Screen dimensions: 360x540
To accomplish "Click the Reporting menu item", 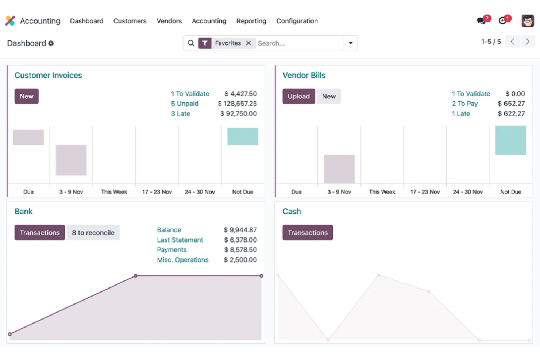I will click(251, 21).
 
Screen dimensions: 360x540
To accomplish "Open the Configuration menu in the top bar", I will click(297, 21).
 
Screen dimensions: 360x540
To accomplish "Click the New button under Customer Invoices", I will click(26, 96).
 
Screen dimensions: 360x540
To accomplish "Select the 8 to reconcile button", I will click(93, 233).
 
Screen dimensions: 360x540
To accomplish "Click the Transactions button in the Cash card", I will click(307, 233).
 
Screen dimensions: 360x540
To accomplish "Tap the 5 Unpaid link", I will click(185, 104).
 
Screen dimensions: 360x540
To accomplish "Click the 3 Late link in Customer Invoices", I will click(181, 113).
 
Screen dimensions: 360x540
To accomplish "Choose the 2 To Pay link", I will click(464, 104).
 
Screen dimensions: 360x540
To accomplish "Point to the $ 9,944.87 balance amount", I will click(240, 230).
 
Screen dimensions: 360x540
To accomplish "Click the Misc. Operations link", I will click(182, 260).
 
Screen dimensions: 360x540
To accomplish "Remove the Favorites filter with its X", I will click(248, 43).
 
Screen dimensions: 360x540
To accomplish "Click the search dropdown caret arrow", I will click(350, 43).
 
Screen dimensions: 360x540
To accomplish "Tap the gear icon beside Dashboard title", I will click(51, 43).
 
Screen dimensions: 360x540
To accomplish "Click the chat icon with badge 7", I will click(481, 21).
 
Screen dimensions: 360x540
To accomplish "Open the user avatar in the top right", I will click(527, 21).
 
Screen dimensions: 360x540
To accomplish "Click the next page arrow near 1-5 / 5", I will click(527, 42).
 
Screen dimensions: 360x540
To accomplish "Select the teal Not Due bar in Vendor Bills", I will click(510, 140).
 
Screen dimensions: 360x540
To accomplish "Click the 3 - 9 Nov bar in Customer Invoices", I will click(71, 160).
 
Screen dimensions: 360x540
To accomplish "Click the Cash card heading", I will click(292, 212).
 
